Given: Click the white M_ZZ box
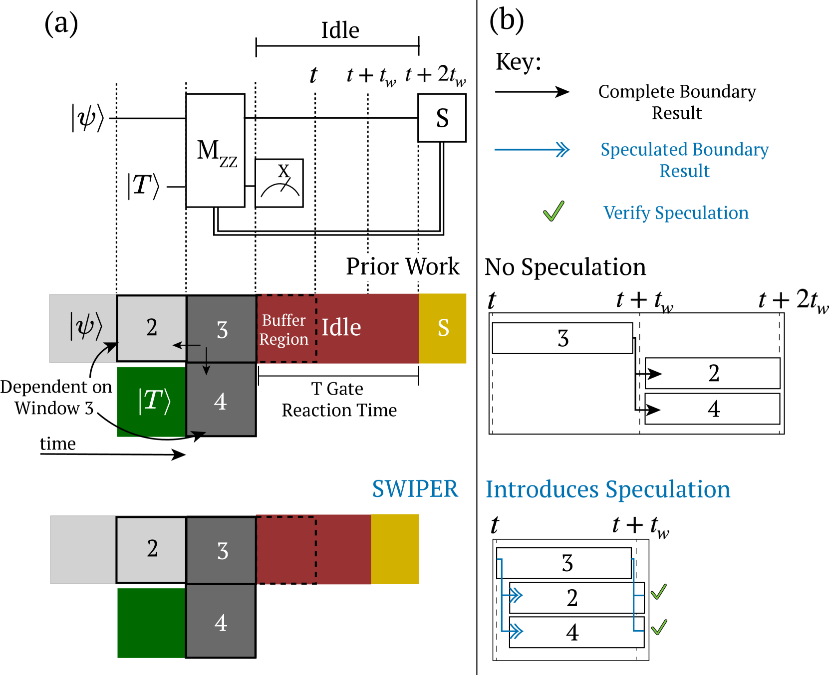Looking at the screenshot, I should coord(215,150).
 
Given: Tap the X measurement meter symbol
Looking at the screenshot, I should coord(279,183).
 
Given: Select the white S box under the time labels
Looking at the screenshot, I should coord(442,118).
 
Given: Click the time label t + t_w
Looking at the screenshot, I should coord(367,76).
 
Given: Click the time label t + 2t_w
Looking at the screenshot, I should coord(432,76).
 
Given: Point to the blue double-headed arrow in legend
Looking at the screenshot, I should coord(532,149).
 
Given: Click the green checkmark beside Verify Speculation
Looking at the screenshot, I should coord(553,211).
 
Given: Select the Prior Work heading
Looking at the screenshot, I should coord(403,267).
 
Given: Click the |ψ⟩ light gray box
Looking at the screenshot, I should coord(83,328).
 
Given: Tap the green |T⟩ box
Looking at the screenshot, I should coord(151,401).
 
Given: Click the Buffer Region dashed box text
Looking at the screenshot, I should coord(284,329).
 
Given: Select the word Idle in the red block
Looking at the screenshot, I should coord(341,328).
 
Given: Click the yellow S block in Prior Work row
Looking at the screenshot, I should coord(443,328).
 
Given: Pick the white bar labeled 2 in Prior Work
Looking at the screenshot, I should coord(713,373).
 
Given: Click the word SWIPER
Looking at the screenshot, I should coord(415,489).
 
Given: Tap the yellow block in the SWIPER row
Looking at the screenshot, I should coord(395,549).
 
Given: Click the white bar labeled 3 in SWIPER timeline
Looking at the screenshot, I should coord(564,563).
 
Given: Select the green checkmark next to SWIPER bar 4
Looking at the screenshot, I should coord(659,627).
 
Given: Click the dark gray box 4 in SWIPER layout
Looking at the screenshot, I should coord(221,622).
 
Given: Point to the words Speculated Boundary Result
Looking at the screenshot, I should coord(684,160).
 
